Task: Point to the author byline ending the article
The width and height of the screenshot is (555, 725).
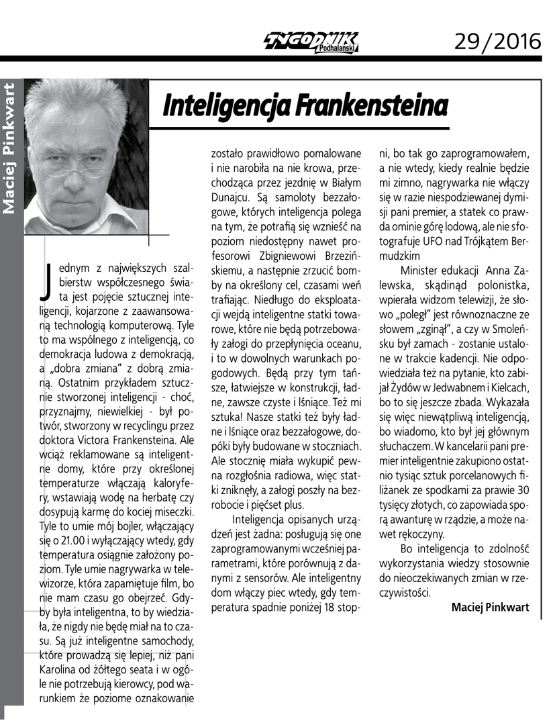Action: [x=490, y=607]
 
